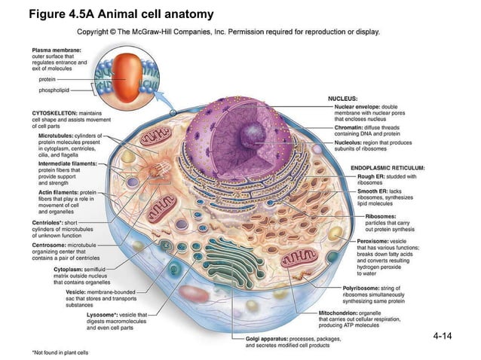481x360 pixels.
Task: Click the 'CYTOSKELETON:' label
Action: click(x=51, y=112)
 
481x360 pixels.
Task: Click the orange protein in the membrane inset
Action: click(x=128, y=71)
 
